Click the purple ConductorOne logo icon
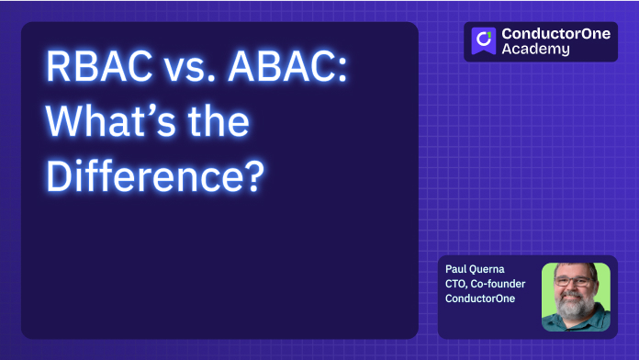(484, 41)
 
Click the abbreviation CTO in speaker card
(455, 285)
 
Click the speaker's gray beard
(576, 308)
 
